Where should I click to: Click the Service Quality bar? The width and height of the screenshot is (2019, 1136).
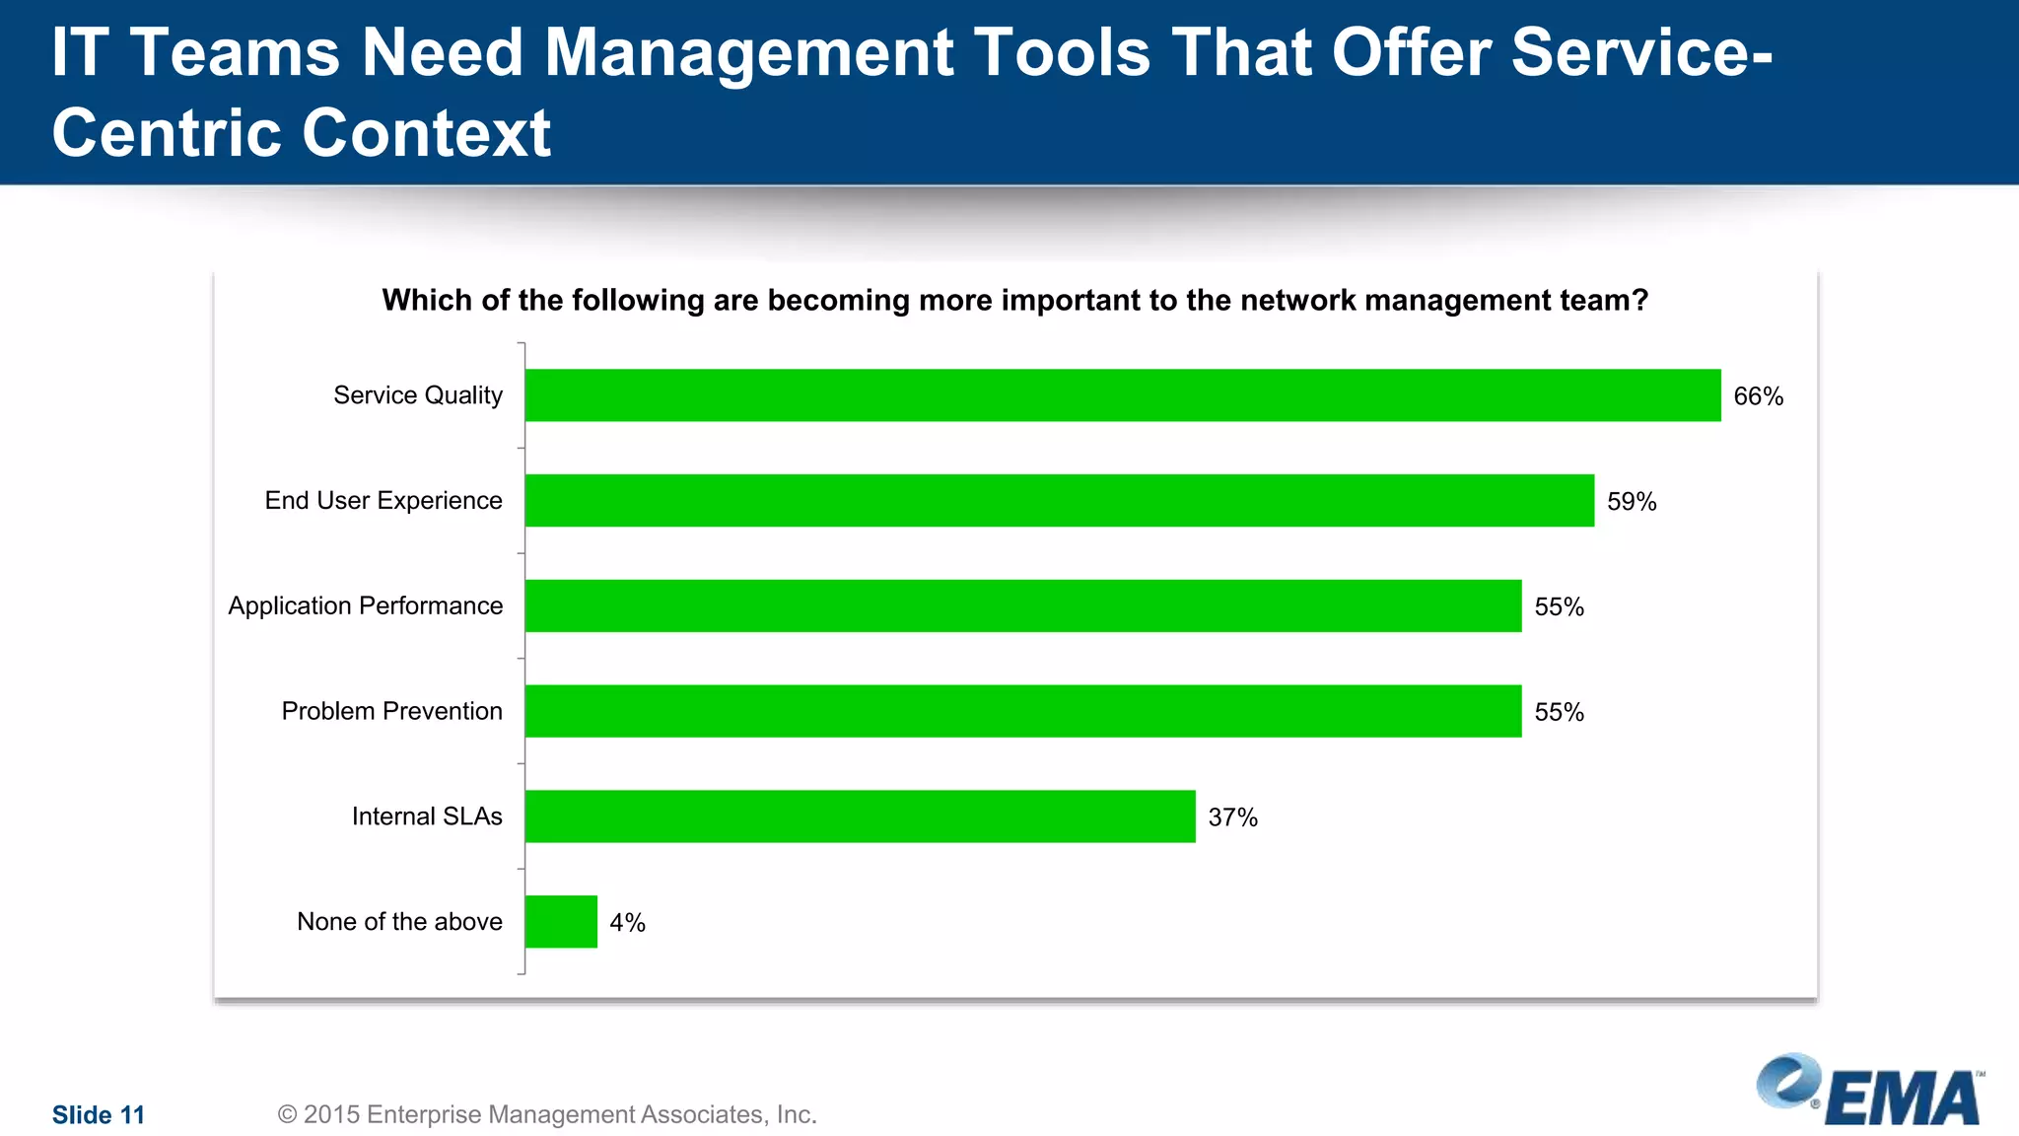pyautogui.click(x=1123, y=395)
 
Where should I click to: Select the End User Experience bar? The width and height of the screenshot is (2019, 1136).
pyautogui.click(x=1060, y=501)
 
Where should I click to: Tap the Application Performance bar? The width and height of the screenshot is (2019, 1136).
pyautogui.click(x=1023, y=605)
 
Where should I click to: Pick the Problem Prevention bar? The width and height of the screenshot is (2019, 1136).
pyautogui.click(x=1023, y=711)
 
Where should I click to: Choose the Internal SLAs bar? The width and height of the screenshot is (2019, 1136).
pyautogui.click(x=860, y=816)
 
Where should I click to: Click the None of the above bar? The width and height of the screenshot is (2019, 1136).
pyautogui.click(x=561, y=922)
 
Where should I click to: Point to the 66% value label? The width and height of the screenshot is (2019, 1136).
pyautogui.click(x=1758, y=396)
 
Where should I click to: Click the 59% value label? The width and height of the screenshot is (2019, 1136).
pyautogui.click(x=1632, y=502)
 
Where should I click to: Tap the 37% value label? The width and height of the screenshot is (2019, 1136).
pyautogui.click(x=1232, y=817)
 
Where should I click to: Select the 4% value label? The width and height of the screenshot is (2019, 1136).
pyautogui.click(x=627, y=923)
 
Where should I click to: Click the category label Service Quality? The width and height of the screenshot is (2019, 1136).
pyautogui.click(x=418, y=395)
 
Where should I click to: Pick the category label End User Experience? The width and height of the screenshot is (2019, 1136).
pyautogui.click(x=383, y=501)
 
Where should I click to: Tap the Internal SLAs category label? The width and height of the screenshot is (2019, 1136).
pyautogui.click(x=427, y=816)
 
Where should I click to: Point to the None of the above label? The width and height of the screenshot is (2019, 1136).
pyautogui.click(x=399, y=922)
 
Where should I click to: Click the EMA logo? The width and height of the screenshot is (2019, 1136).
pyautogui.click(x=1870, y=1091)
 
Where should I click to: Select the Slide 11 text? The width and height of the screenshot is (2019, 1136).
pyautogui.click(x=99, y=1115)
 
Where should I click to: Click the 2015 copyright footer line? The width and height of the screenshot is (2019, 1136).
pyautogui.click(x=547, y=1114)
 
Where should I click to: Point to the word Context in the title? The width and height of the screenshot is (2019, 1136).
pyautogui.click(x=426, y=133)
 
